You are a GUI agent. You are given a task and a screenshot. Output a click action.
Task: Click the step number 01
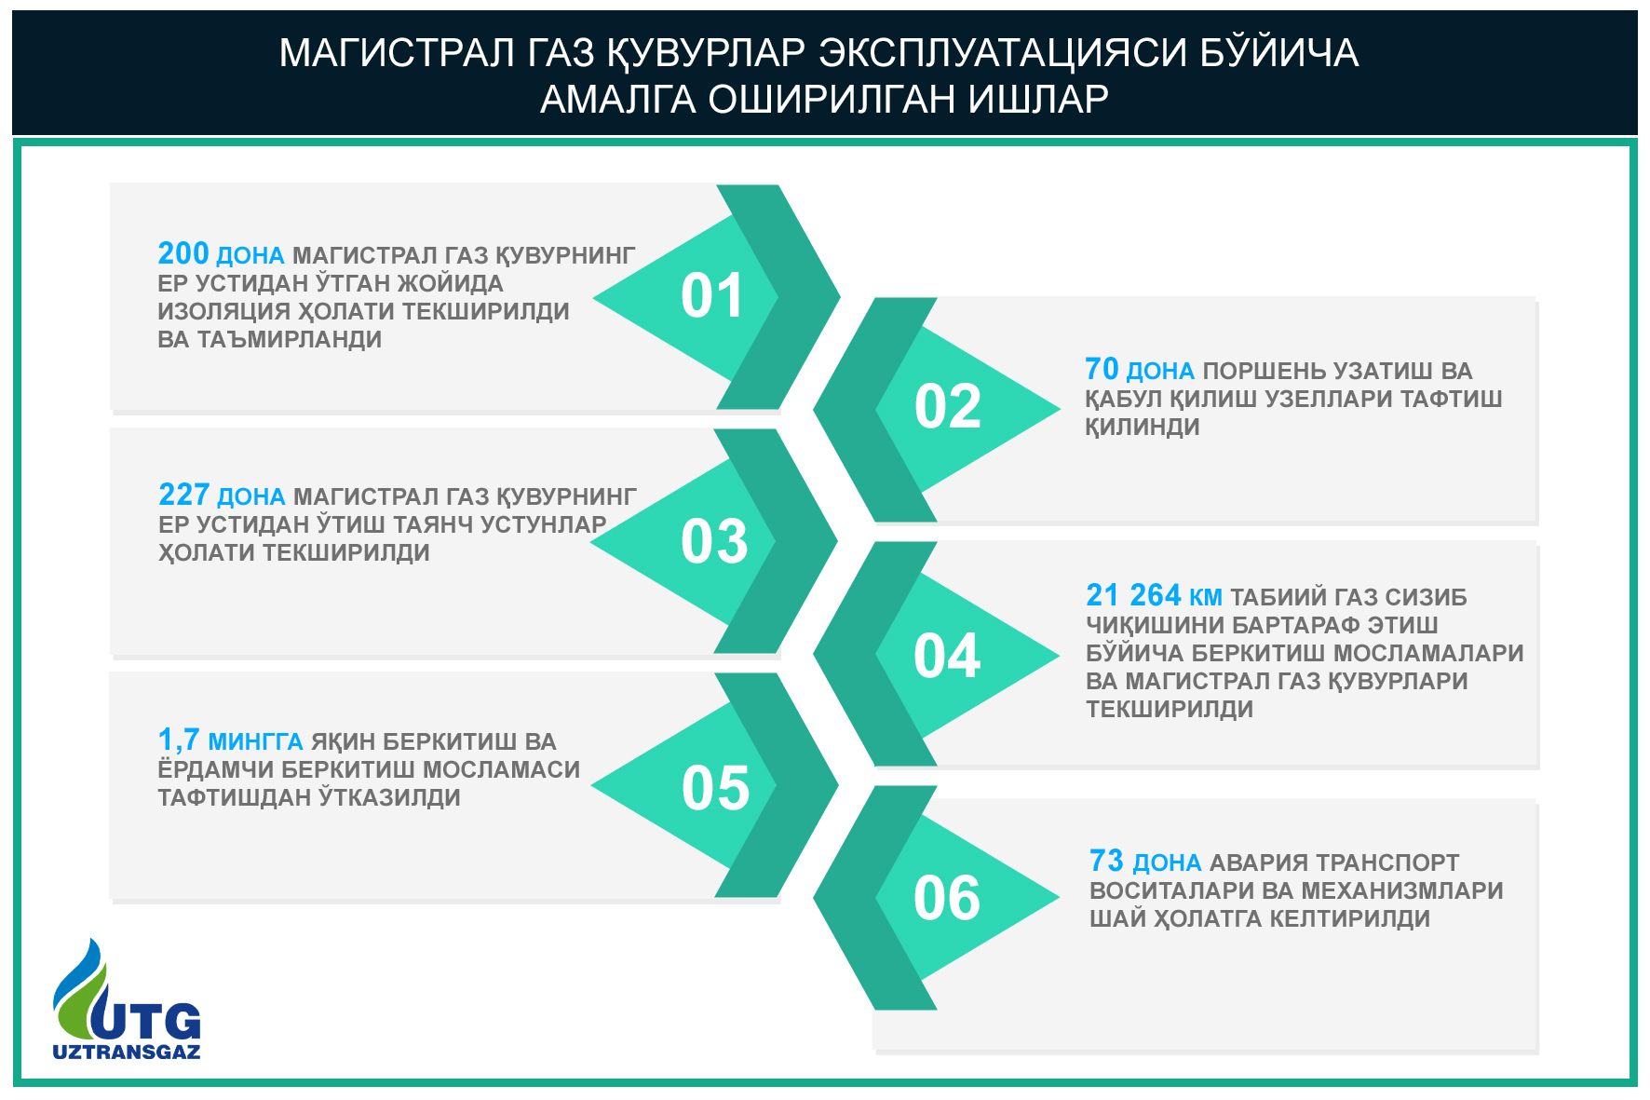coord(712,296)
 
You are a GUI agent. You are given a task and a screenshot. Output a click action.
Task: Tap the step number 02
coord(948,407)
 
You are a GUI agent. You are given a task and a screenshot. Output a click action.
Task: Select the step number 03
coord(714,541)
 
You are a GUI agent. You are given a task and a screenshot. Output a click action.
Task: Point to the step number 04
coord(947,656)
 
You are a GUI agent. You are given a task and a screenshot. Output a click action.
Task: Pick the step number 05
coord(715,788)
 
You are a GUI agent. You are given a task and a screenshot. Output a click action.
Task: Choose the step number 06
coord(947,898)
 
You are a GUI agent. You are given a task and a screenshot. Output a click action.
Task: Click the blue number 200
coord(183,253)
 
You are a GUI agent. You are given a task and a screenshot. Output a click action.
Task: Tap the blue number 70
coord(1102,369)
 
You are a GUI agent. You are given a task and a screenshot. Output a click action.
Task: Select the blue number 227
coord(183,495)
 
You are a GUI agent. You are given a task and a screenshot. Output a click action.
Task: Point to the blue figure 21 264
coord(1133,595)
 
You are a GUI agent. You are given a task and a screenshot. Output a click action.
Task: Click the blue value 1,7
coord(179,740)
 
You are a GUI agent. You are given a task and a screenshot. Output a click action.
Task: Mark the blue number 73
coord(1106,861)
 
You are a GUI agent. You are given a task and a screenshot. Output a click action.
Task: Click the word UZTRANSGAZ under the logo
coord(127,1052)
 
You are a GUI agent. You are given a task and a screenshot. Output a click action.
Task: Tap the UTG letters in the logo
coord(149,1021)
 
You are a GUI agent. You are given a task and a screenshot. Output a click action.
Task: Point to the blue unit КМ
coord(1206,598)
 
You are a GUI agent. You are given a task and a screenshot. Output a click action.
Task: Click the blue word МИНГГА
coord(255,742)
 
